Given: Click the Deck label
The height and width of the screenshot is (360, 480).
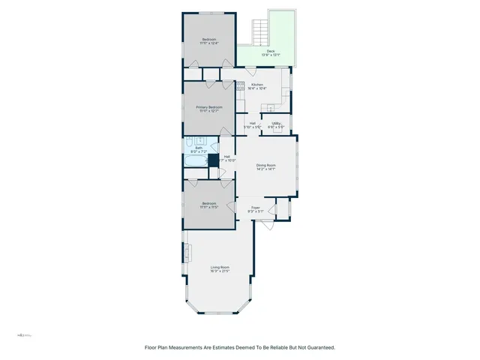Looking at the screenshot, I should tap(270, 51).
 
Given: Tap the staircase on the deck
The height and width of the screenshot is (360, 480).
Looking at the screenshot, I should tap(259, 31).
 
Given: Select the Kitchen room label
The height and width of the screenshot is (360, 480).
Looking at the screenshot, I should tap(257, 85).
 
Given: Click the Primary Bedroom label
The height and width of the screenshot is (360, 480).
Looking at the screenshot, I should tap(210, 107).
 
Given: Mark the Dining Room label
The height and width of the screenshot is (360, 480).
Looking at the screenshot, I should tap(266, 165).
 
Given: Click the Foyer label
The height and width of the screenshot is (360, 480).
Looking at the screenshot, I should tap(255, 207).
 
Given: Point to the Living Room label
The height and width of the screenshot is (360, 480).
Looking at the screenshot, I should tap(219, 267).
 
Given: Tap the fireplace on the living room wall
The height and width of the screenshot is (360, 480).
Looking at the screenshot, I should tap(184, 252).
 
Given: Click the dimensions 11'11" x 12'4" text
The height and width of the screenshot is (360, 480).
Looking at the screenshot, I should tap(210, 43).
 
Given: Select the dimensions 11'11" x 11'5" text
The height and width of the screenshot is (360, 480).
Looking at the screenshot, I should tap(210, 207).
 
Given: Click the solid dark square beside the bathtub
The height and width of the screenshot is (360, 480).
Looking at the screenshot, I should tap(213, 160).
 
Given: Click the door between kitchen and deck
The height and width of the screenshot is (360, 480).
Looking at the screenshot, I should tap(250, 67).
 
